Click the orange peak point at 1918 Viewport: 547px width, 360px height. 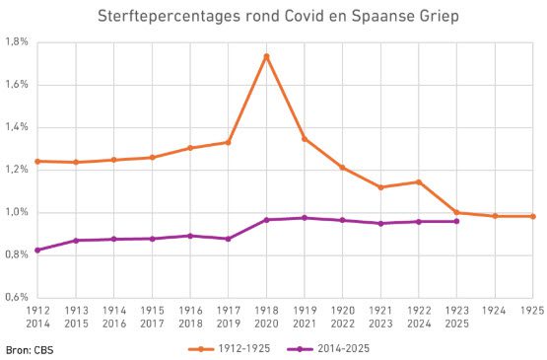266,56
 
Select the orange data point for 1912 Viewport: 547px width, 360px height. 37,161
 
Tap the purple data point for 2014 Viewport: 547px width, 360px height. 37,250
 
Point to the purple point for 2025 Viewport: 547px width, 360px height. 457,221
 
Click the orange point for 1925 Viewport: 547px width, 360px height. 533,216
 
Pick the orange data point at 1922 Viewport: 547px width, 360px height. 419,181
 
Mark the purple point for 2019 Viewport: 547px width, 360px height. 228,239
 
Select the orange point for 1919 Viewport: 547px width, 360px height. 305,138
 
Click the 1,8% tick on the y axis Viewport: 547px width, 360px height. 17,42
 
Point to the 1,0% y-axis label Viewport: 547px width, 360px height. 17,212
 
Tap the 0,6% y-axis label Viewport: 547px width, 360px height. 17,297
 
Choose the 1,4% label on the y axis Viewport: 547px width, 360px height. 17,127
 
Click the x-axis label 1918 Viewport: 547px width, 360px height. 266,310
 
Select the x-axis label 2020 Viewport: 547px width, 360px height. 266,323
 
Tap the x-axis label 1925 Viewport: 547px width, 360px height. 533,310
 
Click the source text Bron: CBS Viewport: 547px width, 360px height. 29,348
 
